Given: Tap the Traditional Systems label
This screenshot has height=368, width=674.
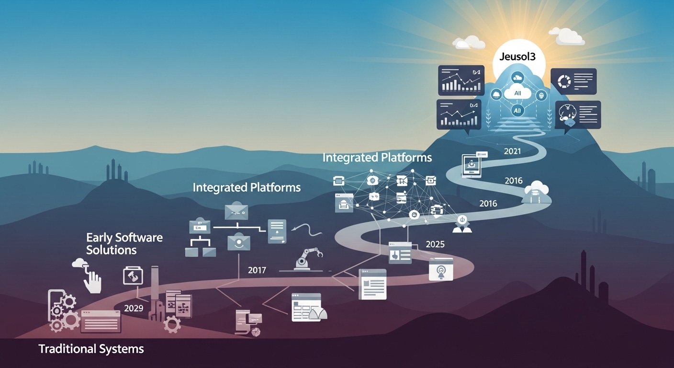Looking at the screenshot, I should tap(91, 349).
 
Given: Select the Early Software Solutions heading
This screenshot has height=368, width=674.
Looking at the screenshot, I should tap(124, 243).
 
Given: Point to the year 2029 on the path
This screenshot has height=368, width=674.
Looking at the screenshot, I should tap(134, 308).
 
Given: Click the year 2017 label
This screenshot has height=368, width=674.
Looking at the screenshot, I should tap(257, 270).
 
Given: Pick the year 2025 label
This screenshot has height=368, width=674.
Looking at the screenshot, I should tap(435, 244).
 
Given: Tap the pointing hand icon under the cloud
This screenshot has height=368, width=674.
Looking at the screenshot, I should tap(92, 281).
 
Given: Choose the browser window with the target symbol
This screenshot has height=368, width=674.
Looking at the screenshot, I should tap(440, 269).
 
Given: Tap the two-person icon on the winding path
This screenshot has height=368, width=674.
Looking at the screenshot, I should tap(462, 224).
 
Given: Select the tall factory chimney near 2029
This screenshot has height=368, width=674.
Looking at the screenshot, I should tap(154, 292).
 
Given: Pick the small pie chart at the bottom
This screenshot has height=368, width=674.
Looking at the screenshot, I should tap(254, 331).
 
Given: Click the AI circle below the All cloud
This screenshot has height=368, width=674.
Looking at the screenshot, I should tap(517, 111).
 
